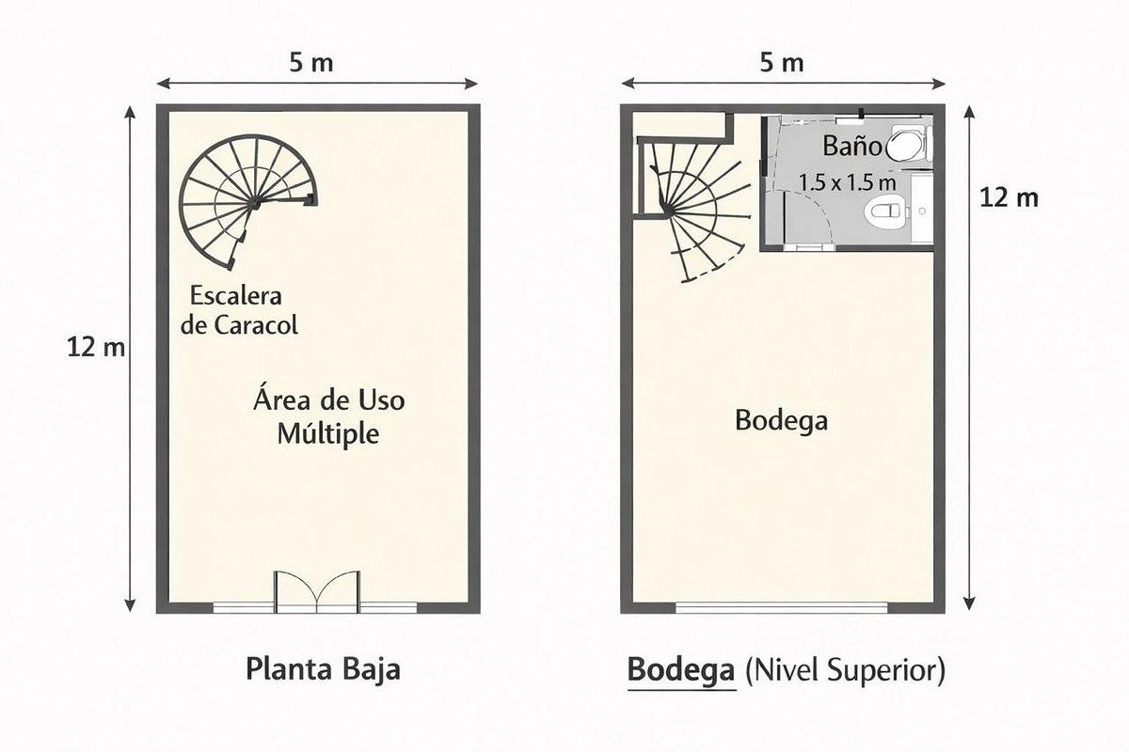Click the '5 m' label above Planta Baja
coord(311,63)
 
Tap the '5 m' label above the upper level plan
coord(781,63)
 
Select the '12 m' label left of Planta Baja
coord(96,348)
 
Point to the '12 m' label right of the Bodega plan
coord(1009,197)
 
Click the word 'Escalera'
coord(235,296)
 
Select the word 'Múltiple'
coord(328,433)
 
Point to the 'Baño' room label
coord(851,146)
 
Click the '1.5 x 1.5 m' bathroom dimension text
coord(848,183)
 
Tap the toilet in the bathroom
coord(887,211)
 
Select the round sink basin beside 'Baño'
coord(905,145)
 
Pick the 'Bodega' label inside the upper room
coord(781,420)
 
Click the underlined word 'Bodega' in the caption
coord(681,670)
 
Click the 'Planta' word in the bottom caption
coord(290,670)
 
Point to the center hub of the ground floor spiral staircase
coord(256,203)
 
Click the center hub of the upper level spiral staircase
coord(669,211)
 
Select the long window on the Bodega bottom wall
coord(781,608)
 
